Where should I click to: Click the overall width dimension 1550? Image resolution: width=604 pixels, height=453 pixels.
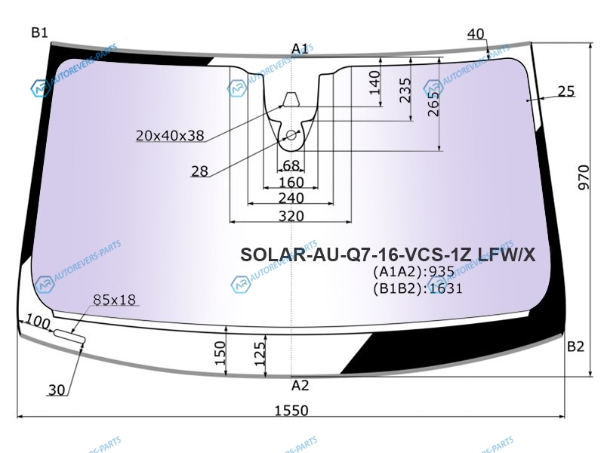[x=291, y=410]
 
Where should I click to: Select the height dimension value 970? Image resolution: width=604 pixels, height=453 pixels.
[x=584, y=177]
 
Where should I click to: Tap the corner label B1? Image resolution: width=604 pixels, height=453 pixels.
[x=40, y=32]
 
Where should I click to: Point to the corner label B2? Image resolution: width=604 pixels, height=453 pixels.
[x=575, y=347]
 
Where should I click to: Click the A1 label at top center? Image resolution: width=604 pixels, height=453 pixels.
[x=300, y=49]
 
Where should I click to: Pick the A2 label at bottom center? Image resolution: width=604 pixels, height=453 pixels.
[x=300, y=385]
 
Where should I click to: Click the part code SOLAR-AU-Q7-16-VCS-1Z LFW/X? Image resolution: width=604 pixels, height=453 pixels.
[x=388, y=254]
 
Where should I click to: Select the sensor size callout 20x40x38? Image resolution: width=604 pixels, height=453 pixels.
[x=170, y=136]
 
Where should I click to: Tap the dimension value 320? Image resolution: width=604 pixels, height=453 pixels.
[x=291, y=216]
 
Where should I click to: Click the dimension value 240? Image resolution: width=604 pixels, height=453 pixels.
[x=291, y=198]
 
